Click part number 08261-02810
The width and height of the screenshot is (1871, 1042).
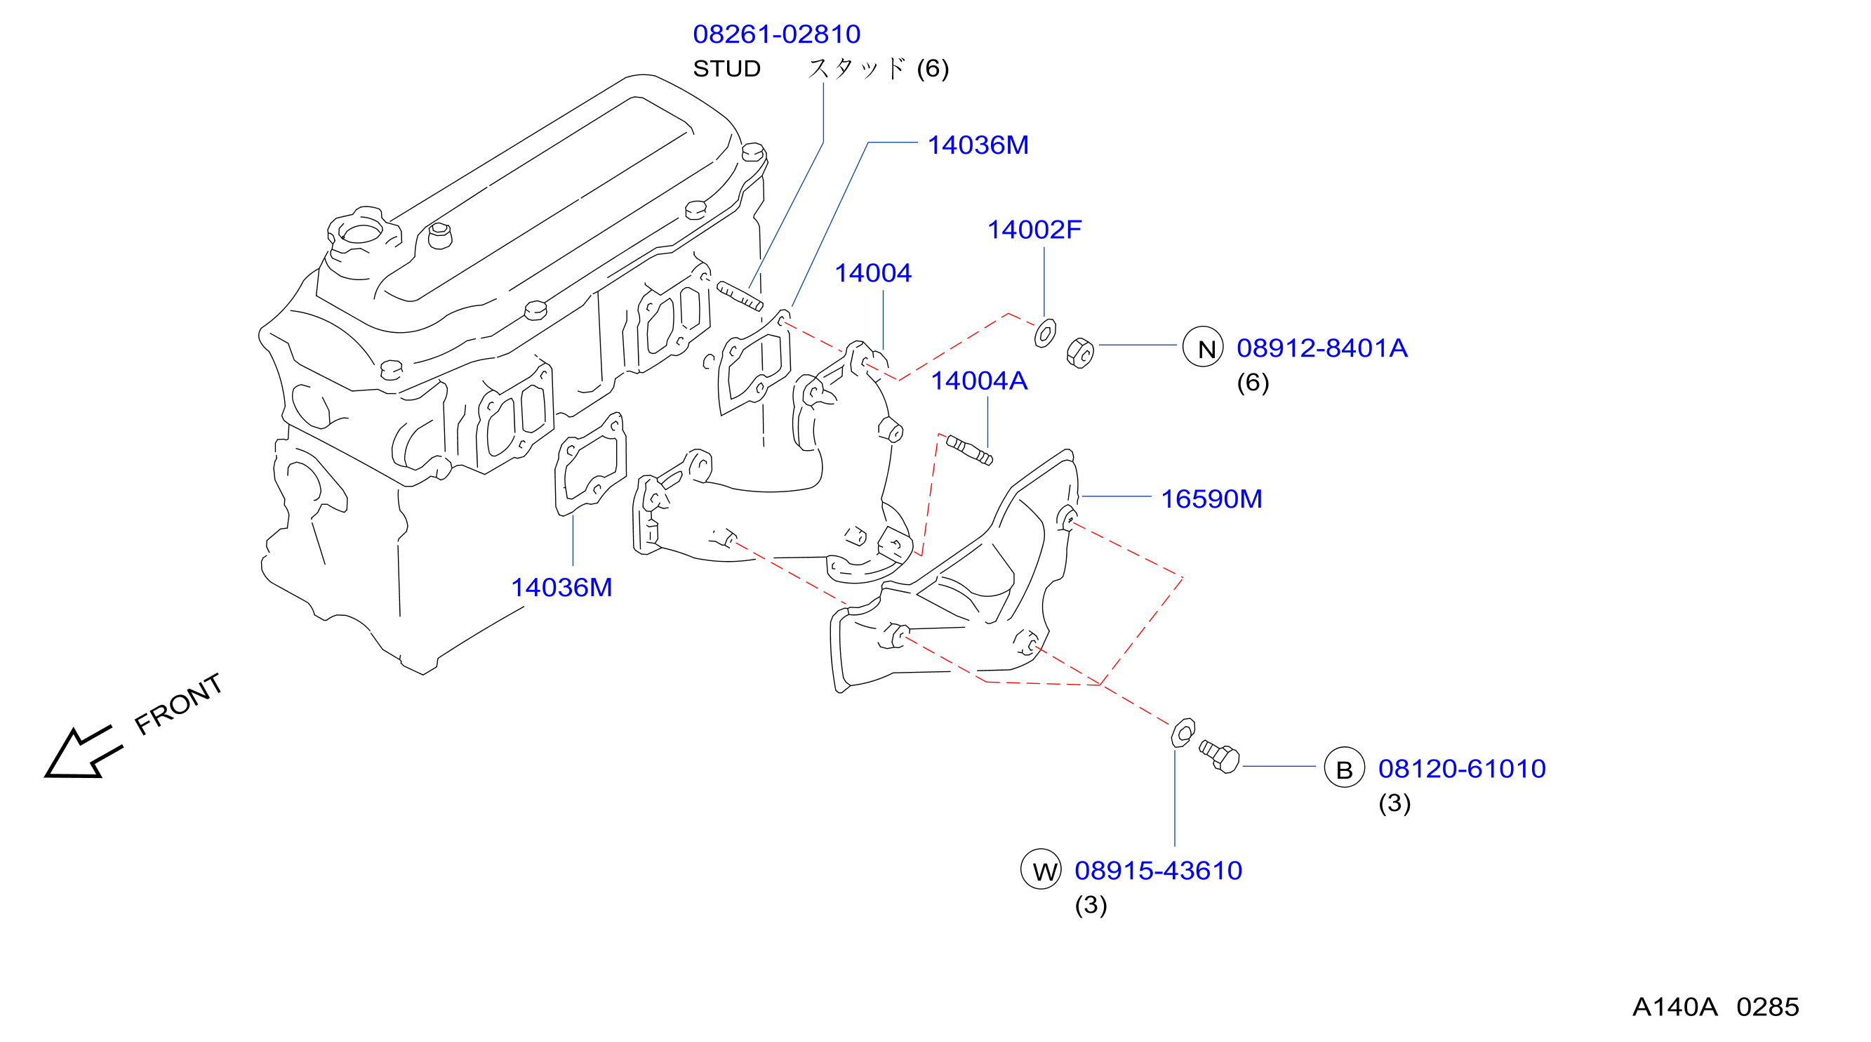pyautogui.click(x=776, y=34)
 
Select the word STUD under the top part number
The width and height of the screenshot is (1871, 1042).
pyautogui.click(x=727, y=68)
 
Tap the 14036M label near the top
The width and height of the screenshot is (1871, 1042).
pyautogui.click(x=978, y=145)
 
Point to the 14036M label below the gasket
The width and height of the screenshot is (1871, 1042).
pyautogui.click(x=561, y=587)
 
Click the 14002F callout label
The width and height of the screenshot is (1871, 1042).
pyautogui.click(x=1034, y=230)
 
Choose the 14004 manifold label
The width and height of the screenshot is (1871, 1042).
pyautogui.click(x=873, y=273)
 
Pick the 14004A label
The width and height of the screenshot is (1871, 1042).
pyautogui.click(x=979, y=381)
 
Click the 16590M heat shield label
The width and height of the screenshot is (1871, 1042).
pyautogui.click(x=1211, y=499)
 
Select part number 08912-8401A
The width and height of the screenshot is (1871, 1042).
pyautogui.click(x=1322, y=348)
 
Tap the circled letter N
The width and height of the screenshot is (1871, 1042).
pyautogui.click(x=1203, y=347)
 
